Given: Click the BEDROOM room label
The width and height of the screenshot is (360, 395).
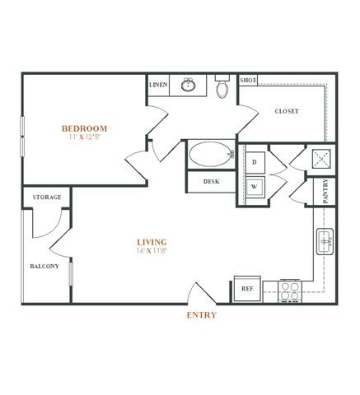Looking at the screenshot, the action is (x=84, y=128).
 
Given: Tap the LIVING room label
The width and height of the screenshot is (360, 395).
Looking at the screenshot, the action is (x=152, y=242).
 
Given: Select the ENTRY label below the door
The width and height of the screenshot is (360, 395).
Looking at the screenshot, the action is (x=202, y=315).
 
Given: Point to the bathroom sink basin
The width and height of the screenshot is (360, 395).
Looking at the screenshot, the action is (x=188, y=85).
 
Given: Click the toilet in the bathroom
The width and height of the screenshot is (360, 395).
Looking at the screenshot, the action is (x=222, y=86).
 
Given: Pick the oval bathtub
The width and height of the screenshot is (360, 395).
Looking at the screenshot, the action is (x=211, y=154).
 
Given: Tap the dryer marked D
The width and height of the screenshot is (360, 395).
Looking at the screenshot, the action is (x=255, y=162).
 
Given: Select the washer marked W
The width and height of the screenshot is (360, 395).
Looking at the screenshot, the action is (x=255, y=187).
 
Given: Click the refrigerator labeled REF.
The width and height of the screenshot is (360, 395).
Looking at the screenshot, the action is (x=247, y=289).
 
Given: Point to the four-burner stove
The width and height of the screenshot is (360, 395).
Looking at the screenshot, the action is (x=290, y=291).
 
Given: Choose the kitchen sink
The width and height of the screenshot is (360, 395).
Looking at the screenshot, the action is (x=325, y=242).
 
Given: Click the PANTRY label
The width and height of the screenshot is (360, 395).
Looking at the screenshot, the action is (x=325, y=191).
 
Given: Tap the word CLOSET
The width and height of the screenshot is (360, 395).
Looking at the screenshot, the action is (x=287, y=111).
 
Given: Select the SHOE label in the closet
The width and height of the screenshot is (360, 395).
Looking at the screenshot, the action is (x=248, y=80).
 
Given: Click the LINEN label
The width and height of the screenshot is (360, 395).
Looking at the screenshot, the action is (x=158, y=85).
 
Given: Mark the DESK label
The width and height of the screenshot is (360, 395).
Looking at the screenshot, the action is (x=212, y=182).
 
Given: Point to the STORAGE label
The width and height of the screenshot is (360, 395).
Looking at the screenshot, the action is (x=47, y=197).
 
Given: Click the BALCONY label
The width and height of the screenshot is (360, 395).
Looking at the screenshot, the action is (x=44, y=266).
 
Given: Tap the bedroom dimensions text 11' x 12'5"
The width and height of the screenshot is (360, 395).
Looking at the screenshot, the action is (x=84, y=137).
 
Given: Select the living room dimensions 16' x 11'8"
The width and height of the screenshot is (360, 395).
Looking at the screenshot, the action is (x=152, y=250).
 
